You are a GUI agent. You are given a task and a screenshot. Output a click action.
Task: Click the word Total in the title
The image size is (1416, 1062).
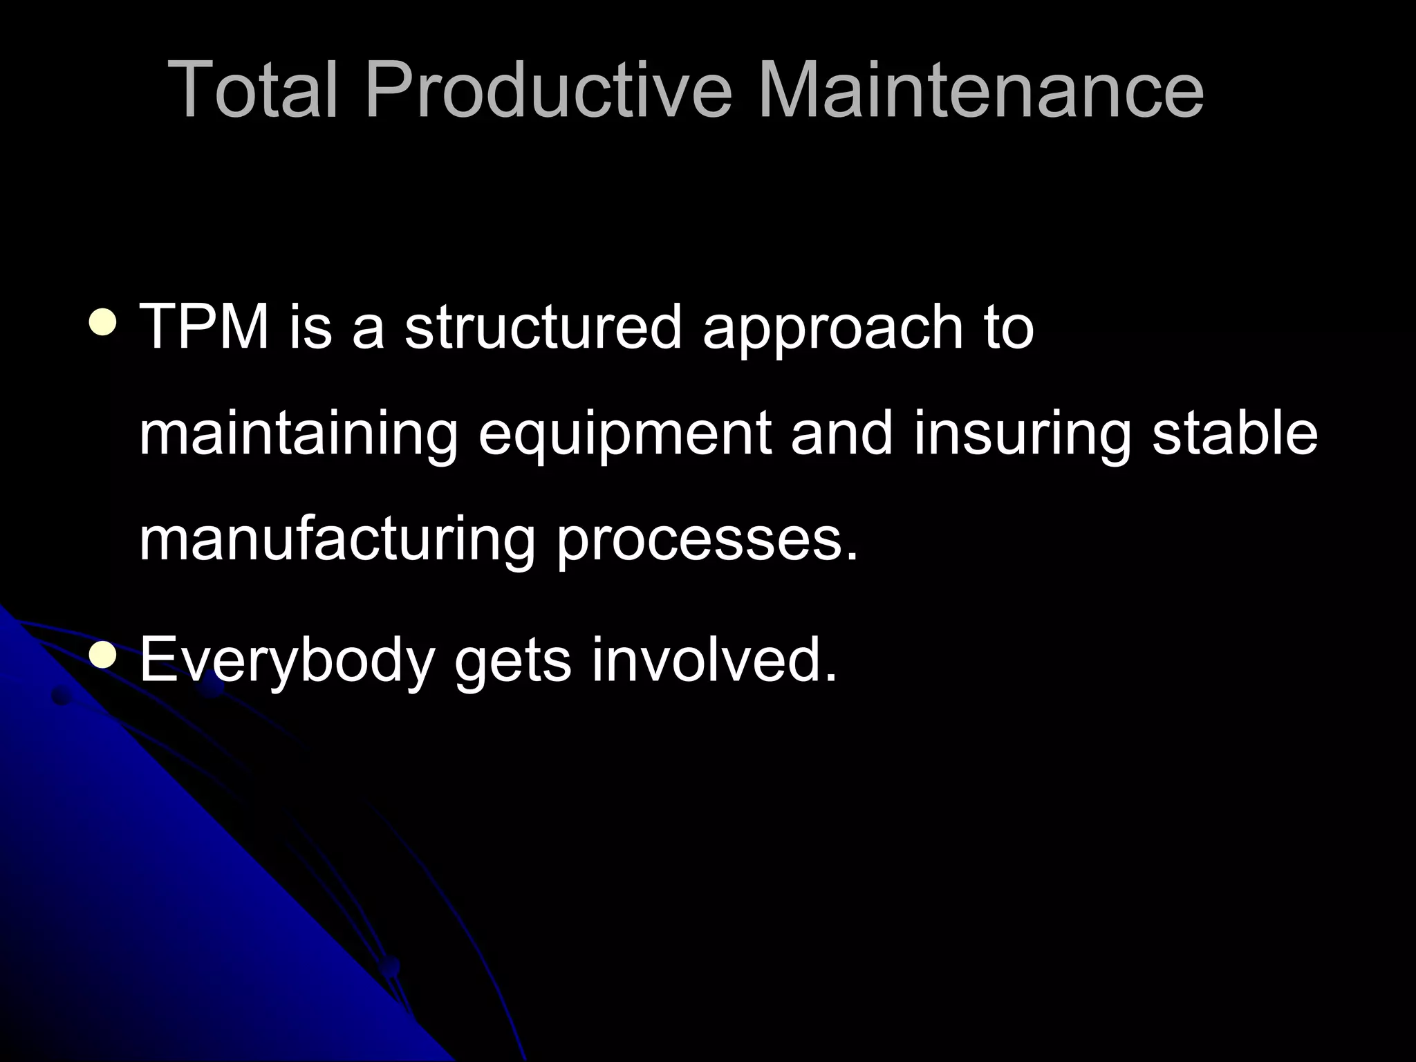tap(252, 90)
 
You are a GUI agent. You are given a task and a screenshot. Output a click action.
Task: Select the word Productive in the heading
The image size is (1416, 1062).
tap(548, 90)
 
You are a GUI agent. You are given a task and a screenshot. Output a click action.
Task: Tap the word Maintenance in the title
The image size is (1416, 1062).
tap(980, 90)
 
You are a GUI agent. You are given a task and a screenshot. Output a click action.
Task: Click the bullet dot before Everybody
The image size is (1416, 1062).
tap(103, 654)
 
